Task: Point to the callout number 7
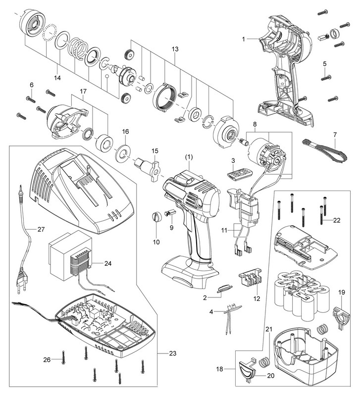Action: tap(335, 135)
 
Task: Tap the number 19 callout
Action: tap(341, 292)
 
